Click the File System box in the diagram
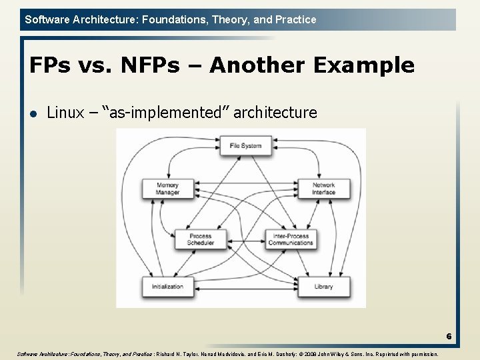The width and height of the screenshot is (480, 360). tap(245, 145)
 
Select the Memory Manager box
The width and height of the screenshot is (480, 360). tap(168, 189)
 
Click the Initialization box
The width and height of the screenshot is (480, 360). tap(167, 287)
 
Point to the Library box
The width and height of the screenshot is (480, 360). tap(323, 287)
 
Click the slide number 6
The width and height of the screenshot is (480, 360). tap(449, 336)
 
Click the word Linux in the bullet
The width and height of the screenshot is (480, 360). tap(66, 113)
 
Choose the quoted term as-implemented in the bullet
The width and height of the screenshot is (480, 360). tap(169, 113)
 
